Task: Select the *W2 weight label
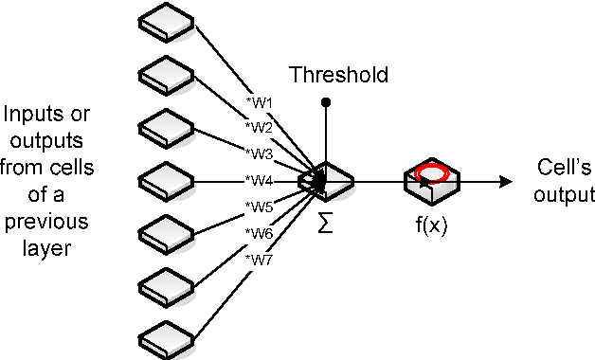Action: pos(259,127)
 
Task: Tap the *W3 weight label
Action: pos(259,153)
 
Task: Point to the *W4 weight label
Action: pos(259,179)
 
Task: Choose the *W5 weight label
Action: pos(259,206)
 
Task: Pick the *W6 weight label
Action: pos(259,232)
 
